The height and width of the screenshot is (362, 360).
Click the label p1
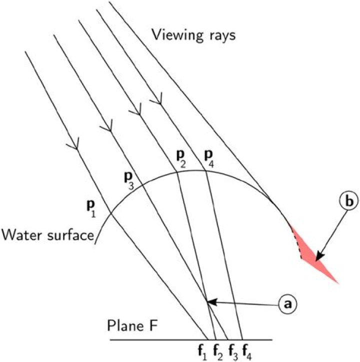click(x=90, y=209)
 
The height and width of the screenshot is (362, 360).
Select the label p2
click(x=181, y=160)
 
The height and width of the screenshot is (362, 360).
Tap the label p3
click(x=129, y=181)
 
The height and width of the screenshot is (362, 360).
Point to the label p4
click(x=209, y=159)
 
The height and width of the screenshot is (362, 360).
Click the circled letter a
click(x=287, y=304)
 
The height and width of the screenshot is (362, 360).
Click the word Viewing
click(x=177, y=36)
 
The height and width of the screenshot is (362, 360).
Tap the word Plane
click(x=124, y=325)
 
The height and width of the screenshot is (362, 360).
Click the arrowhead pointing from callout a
click(x=211, y=302)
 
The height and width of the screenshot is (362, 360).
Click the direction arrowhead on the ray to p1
click(x=74, y=144)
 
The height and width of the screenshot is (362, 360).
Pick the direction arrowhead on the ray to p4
click(x=157, y=99)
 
